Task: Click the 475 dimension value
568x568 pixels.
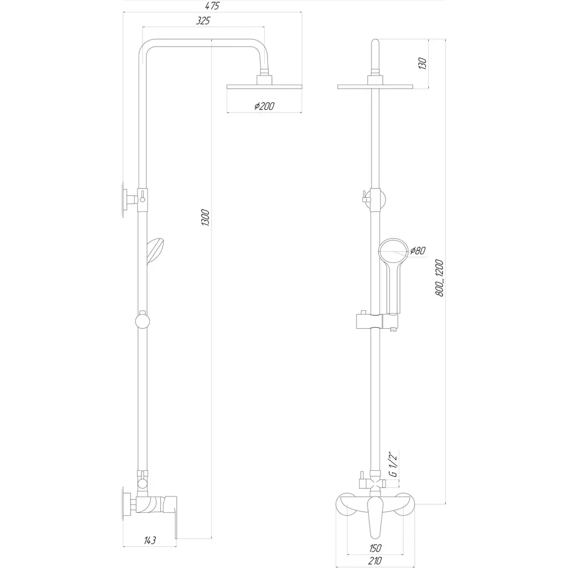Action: tap(212, 6)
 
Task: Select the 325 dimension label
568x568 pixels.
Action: tap(203, 21)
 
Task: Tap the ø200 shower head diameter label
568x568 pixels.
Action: tap(265, 106)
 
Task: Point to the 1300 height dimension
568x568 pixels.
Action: tap(206, 218)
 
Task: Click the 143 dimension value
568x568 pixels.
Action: tap(149, 541)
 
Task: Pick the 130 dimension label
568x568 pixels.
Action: tap(423, 63)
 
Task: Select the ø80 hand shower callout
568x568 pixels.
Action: tap(417, 250)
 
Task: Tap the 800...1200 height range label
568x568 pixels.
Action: tap(440, 278)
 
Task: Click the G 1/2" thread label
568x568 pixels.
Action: tap(394, 464)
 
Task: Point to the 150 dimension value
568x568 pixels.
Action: tap(375, 548)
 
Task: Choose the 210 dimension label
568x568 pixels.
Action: tap(375, 561)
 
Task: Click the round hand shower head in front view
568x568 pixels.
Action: tap(393, 253)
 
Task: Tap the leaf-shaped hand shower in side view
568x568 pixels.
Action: tap(155, 251)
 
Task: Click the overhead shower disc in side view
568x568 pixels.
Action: tap(265, 87)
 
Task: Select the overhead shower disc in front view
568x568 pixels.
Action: tap(375, 87)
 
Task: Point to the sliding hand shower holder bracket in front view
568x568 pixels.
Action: tap(377, 322)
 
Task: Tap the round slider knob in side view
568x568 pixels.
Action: tap(143, 321)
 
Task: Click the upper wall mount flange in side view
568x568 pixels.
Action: tap(126, 199)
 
